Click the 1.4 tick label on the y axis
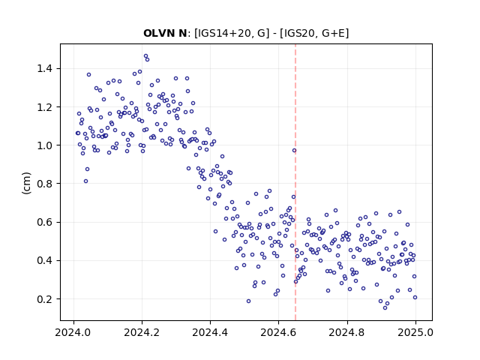tap(44, 68)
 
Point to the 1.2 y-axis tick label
tap(44, 107)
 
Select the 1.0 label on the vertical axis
tap(44, 145)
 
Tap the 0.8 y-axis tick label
tap(44, 184)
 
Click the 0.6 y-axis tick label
tap(44, 222)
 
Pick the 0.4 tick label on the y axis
tap(44, 260)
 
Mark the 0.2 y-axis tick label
tap(44, 299)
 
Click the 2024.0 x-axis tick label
tap(73, 332)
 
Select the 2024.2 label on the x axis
tap(142, 332)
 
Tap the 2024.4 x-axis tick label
tap(210, 332)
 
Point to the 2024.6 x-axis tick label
tap(278, 332)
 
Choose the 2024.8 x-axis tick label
tap(346, 332)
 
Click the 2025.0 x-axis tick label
tap(415, 332)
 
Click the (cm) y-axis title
tap(27, 183)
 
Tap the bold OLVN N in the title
tap(165, 33)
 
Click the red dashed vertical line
tap(295, 182)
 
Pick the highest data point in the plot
tap(145, 56)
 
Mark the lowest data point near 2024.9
tap(385, 308)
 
